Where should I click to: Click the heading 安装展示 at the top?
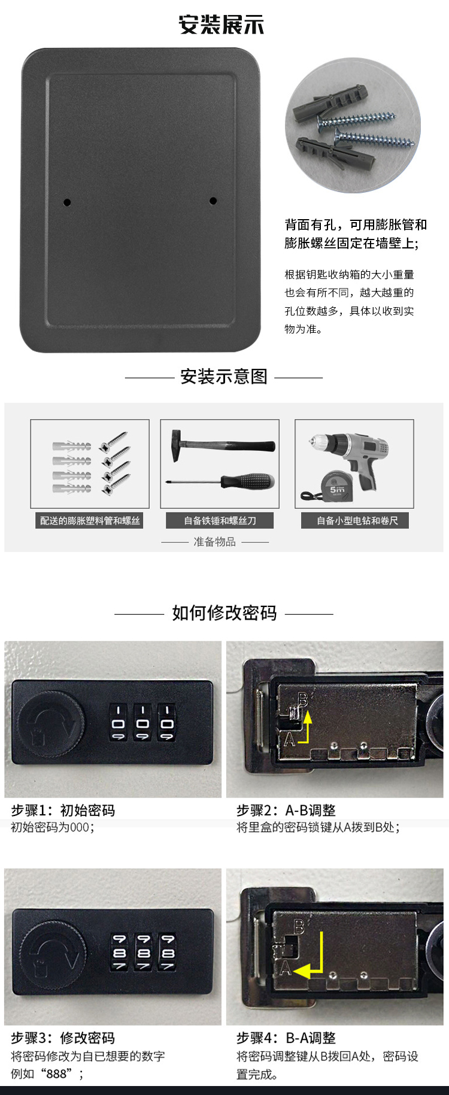222,25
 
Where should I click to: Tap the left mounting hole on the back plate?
67,202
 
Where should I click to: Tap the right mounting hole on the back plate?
213,201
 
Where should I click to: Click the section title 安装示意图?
224,377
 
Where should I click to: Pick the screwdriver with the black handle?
220,480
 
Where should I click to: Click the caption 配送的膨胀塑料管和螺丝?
90,521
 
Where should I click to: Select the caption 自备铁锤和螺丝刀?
220,521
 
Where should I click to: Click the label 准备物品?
214,542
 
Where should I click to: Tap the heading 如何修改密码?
224,613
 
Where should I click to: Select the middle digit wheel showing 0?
142,723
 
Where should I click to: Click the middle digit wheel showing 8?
144,953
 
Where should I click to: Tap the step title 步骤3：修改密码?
63,1038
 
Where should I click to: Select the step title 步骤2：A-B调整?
286,810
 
